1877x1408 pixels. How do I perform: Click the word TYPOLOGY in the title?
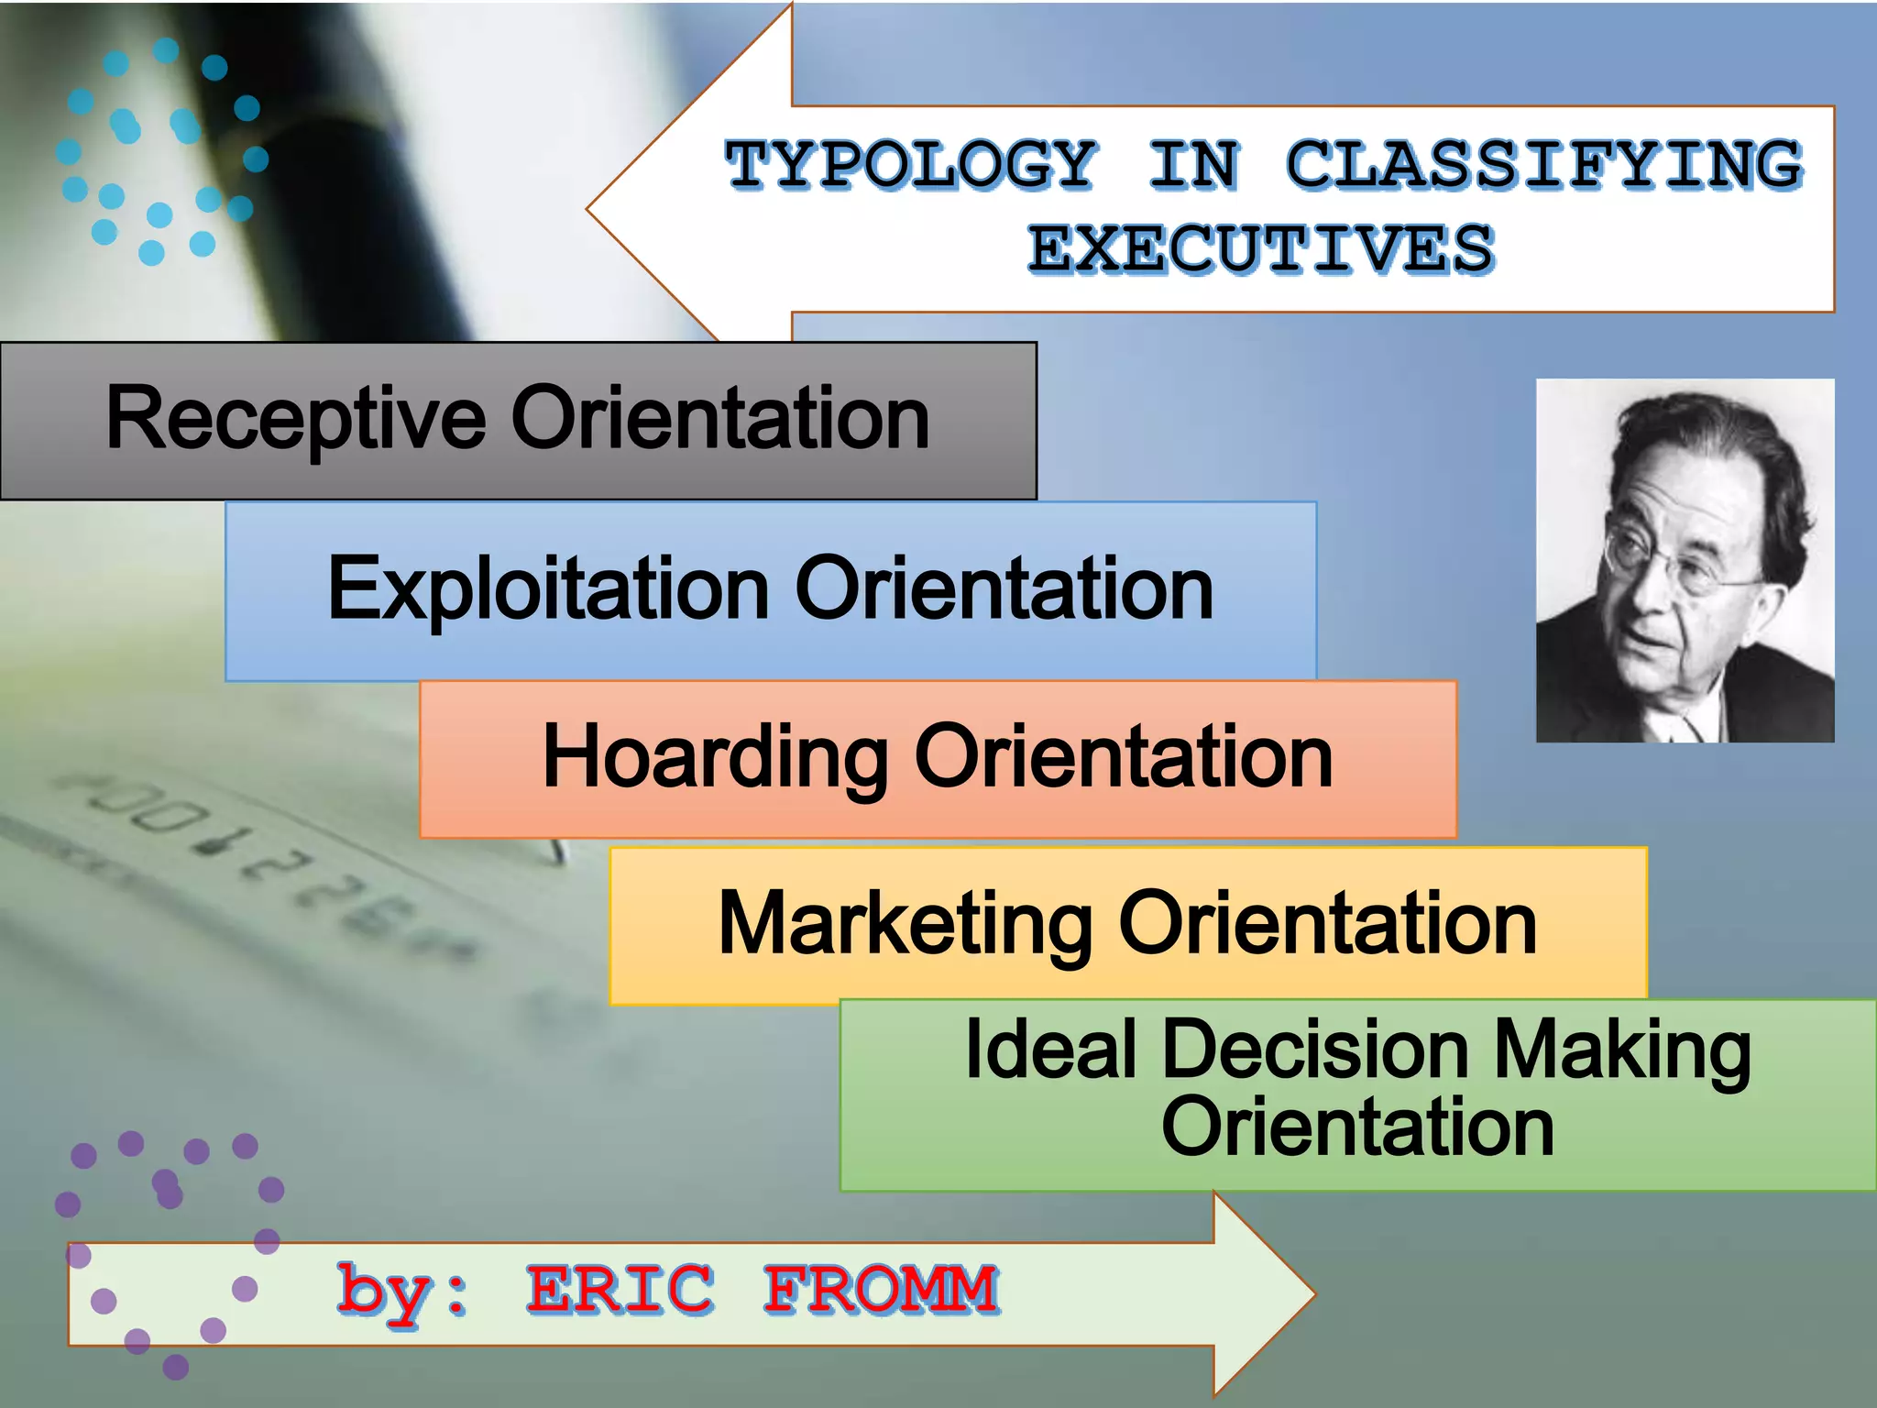tap(910, 166)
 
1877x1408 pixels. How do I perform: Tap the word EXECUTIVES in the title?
tap(1261, 249)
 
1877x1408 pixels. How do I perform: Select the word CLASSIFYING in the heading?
tap(1544, 166)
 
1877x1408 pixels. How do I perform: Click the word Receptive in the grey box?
tap(295, 420)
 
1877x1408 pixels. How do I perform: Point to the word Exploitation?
tap(548, 589)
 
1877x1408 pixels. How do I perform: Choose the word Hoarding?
tap(715, 757)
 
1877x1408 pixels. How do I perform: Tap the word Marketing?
tap(905, 924)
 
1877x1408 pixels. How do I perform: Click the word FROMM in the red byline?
tap(881, 1289)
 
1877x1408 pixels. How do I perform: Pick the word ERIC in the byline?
tap(620, 1289)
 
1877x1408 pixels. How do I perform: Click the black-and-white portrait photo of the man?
tap(1685, 560)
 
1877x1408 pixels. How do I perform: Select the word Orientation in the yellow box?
tap(1327, 924)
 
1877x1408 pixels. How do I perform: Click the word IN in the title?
tap(1193, 166)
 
